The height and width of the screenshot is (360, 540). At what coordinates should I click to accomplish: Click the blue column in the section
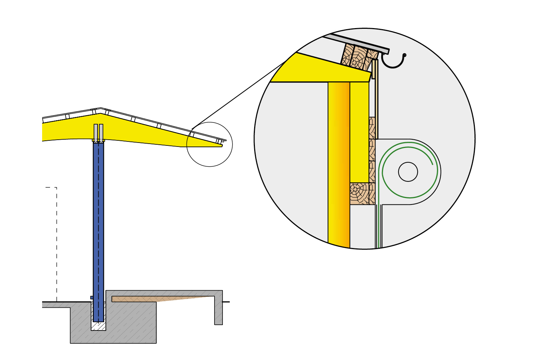pos(98,230)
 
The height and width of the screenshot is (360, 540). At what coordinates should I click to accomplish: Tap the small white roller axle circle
pos(408,172)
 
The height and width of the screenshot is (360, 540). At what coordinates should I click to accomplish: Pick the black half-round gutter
pos(392,66)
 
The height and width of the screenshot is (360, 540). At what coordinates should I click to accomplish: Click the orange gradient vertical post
pos(339,162)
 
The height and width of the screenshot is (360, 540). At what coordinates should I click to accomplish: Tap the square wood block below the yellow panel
pos(359,194)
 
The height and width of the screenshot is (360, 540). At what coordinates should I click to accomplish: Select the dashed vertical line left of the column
pos(57,245)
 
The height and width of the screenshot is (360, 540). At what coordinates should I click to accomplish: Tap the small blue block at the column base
pos(92,298)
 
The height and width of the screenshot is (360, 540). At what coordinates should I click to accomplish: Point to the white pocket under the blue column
pos(98,326)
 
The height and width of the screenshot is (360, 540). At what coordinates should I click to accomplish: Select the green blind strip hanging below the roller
pos(379,227)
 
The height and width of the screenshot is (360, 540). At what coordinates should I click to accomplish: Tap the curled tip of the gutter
pos(405,55)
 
